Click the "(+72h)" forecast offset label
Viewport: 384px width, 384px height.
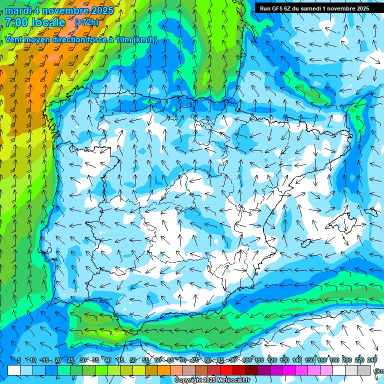click(x=86, y=22)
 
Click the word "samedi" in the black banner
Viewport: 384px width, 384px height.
click(x=310, y=8)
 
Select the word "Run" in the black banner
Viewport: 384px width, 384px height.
click(x=265, y=8)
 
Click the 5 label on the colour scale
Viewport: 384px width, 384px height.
click(x=19, y=360)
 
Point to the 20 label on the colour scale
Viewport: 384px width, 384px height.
click(x=58, y=360)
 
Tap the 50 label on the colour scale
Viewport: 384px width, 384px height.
click(x=133, y=360)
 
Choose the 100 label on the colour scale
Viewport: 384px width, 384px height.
click(x=247, y=360)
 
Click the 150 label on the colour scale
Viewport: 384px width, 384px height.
click(x=309, y=360)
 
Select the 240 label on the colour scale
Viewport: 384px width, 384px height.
click(x=372, y=360)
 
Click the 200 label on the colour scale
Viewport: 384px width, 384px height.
click(x=347, y=360)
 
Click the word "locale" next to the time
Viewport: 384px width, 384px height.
click(x=48, y=22)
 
